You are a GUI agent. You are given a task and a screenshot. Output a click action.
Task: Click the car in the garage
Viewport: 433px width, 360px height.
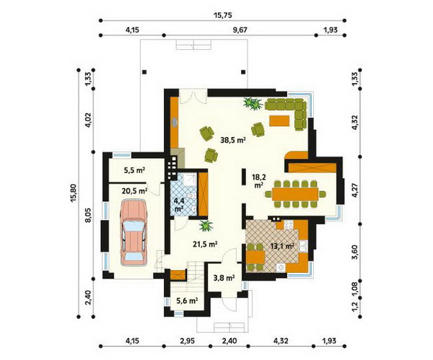click(134, 233)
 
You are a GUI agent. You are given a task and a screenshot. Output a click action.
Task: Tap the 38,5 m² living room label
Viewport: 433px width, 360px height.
click(233, 140)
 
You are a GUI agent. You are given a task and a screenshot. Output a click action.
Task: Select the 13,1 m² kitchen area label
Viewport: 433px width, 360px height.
click(282, 246)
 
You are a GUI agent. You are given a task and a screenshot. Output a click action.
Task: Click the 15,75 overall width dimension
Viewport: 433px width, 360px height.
click(222, 15)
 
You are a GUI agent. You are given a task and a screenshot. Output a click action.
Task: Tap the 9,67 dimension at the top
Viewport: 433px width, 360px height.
click(240, 30)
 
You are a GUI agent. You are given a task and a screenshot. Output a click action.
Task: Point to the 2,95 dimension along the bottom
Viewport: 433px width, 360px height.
click(187, 341)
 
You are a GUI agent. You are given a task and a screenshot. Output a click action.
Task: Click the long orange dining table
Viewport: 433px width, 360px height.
click(295, 194)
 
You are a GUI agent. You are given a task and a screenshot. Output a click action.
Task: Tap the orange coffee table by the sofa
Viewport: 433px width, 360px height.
click(279, 121)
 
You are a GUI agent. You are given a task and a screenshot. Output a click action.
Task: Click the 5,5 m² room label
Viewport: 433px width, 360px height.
click(134, 170)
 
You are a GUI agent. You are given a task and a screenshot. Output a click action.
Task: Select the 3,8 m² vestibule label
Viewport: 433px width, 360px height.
click(224, 278)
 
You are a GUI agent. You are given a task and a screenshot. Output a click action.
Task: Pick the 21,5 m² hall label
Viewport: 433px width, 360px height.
click(205, 244)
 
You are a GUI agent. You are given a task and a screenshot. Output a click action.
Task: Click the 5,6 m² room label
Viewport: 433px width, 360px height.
click(187, 301)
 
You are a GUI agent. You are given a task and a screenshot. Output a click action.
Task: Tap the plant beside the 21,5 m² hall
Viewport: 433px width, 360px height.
click(206, 226)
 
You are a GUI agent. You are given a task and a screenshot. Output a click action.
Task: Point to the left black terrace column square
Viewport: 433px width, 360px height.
click(144, 72)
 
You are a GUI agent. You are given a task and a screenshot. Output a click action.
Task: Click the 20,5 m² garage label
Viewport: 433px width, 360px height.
click(134, 190)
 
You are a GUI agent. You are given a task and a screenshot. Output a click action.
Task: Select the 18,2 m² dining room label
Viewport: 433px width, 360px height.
click(258, 180)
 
